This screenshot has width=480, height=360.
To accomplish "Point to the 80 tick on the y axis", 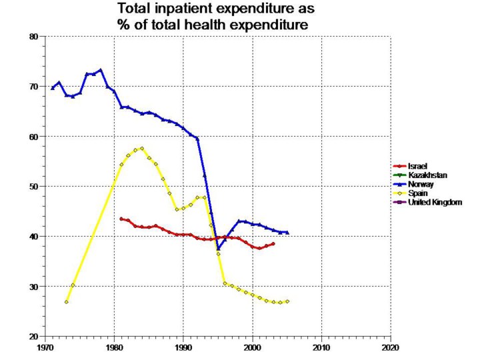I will click(34, 37).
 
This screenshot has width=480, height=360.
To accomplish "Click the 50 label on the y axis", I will click(34, 187).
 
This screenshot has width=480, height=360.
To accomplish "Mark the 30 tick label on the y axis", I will click(34, 287).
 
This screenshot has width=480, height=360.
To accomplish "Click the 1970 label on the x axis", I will click(45, 347).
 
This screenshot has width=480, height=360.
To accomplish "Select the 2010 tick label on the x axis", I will click(321, 347).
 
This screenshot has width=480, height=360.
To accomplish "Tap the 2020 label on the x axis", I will click(390, 347).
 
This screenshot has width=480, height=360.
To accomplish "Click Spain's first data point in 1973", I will click(67, 302).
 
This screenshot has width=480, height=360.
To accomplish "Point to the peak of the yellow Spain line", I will click(142, 149).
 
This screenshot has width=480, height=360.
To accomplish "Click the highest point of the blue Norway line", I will click(101, 70).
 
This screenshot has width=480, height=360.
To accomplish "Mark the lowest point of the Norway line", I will click(218, 249).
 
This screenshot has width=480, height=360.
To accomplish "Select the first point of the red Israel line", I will click(121, 219).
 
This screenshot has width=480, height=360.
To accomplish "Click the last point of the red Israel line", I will click(273, 243).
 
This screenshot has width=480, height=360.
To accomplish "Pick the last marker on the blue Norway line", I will click(287, 233).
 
